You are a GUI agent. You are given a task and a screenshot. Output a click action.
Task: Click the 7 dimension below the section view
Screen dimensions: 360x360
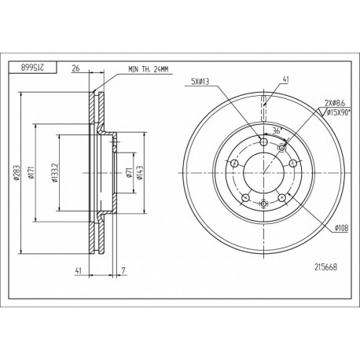123,270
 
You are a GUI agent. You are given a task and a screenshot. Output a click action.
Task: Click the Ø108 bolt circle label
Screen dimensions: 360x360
340,228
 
